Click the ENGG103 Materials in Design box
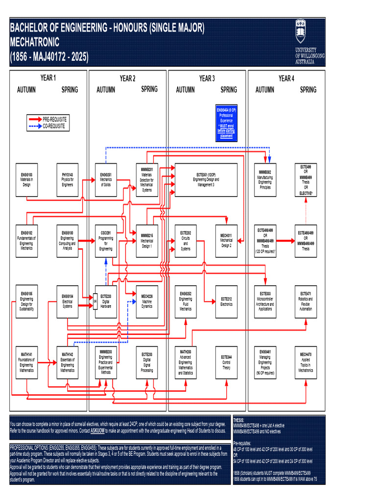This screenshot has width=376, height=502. point(26,180)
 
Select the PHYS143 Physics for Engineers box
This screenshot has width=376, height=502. point(67,180)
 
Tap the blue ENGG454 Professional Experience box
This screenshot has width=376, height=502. point(226,123)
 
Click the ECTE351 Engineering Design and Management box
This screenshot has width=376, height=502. point(206,180)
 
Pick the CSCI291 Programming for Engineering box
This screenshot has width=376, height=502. point(106,241)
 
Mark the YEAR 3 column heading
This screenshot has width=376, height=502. point(206,78)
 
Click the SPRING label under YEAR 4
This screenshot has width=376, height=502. point(308,90)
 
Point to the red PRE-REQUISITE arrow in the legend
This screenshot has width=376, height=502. point(35,120)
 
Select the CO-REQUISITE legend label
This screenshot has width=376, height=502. point(54,126)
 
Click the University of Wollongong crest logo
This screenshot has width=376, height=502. point(300,31)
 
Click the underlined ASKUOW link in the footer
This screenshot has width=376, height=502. point(98,430)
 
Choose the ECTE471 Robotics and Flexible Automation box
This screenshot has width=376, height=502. point(305,301)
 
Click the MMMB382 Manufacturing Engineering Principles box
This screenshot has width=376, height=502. point(265,180)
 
